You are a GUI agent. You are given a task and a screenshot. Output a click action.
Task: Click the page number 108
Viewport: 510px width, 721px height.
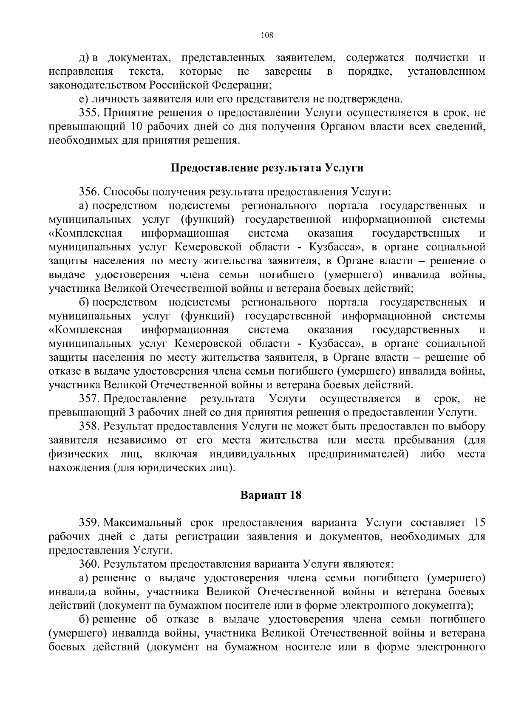(x=266, y=35)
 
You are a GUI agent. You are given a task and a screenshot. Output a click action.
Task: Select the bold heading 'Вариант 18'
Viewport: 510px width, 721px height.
(x=271, y=495)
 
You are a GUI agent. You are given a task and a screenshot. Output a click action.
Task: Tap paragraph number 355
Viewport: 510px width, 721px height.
(x=89, y=113)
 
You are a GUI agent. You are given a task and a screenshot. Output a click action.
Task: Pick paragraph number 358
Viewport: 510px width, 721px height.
(x=89, y=426)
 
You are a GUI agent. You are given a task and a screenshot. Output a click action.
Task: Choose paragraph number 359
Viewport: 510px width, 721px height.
(x=89, y=523)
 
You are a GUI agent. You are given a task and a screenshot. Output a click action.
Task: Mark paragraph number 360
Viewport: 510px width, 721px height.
(x=89, y=564)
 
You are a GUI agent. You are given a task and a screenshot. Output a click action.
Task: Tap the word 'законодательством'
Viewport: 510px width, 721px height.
(x=98, y=85)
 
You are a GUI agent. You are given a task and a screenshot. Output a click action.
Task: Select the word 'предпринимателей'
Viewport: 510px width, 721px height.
(x=358, y=454)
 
